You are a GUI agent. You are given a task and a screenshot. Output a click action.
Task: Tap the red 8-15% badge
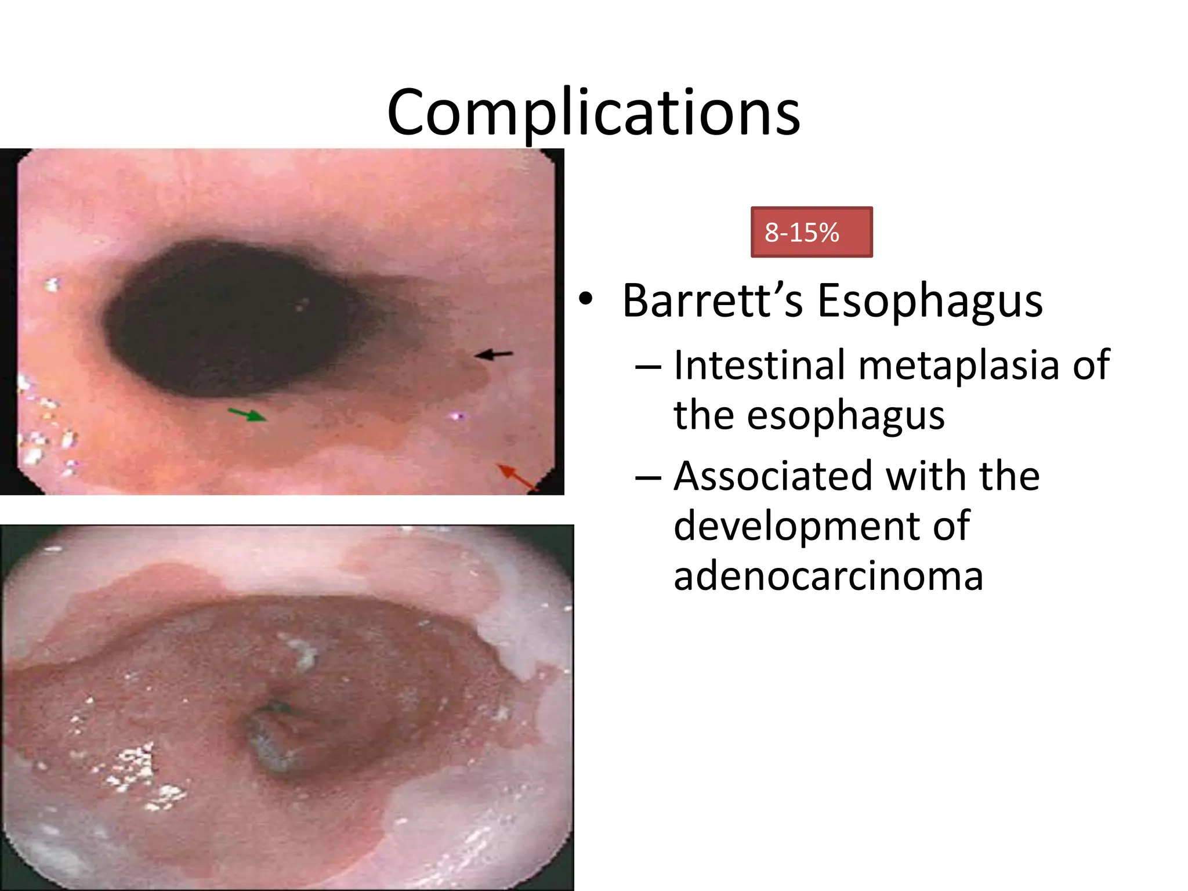click(x=811, y=232)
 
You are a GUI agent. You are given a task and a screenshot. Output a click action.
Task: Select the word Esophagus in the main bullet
click(x=929, y=302)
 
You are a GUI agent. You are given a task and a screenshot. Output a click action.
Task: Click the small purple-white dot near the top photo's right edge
click(x=458, y=415)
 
